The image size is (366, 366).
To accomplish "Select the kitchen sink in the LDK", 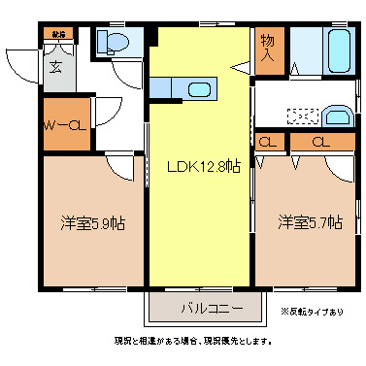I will (199, 90).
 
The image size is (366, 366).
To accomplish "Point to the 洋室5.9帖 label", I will (86, 222).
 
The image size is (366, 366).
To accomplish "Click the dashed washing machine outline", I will (303, 116).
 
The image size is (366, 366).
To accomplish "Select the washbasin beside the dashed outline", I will (337, 114).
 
